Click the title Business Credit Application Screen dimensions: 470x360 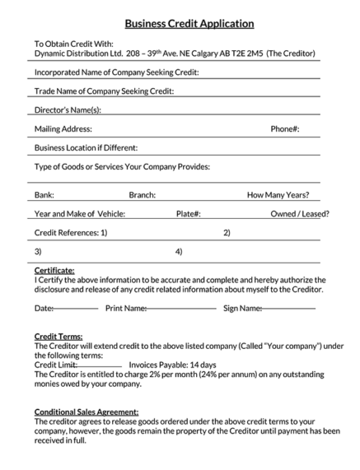189,24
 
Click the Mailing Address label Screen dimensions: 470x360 63,128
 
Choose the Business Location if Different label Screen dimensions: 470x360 85,148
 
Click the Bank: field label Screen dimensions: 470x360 44,195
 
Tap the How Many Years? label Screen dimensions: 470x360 278,195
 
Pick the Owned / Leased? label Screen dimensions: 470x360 300,214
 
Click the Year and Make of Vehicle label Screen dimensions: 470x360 79,214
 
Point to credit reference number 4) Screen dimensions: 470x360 179,251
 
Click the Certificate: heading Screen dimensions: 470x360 54,270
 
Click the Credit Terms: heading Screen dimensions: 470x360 58,336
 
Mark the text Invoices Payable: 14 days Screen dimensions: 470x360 172,365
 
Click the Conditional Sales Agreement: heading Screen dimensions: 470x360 86,412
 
